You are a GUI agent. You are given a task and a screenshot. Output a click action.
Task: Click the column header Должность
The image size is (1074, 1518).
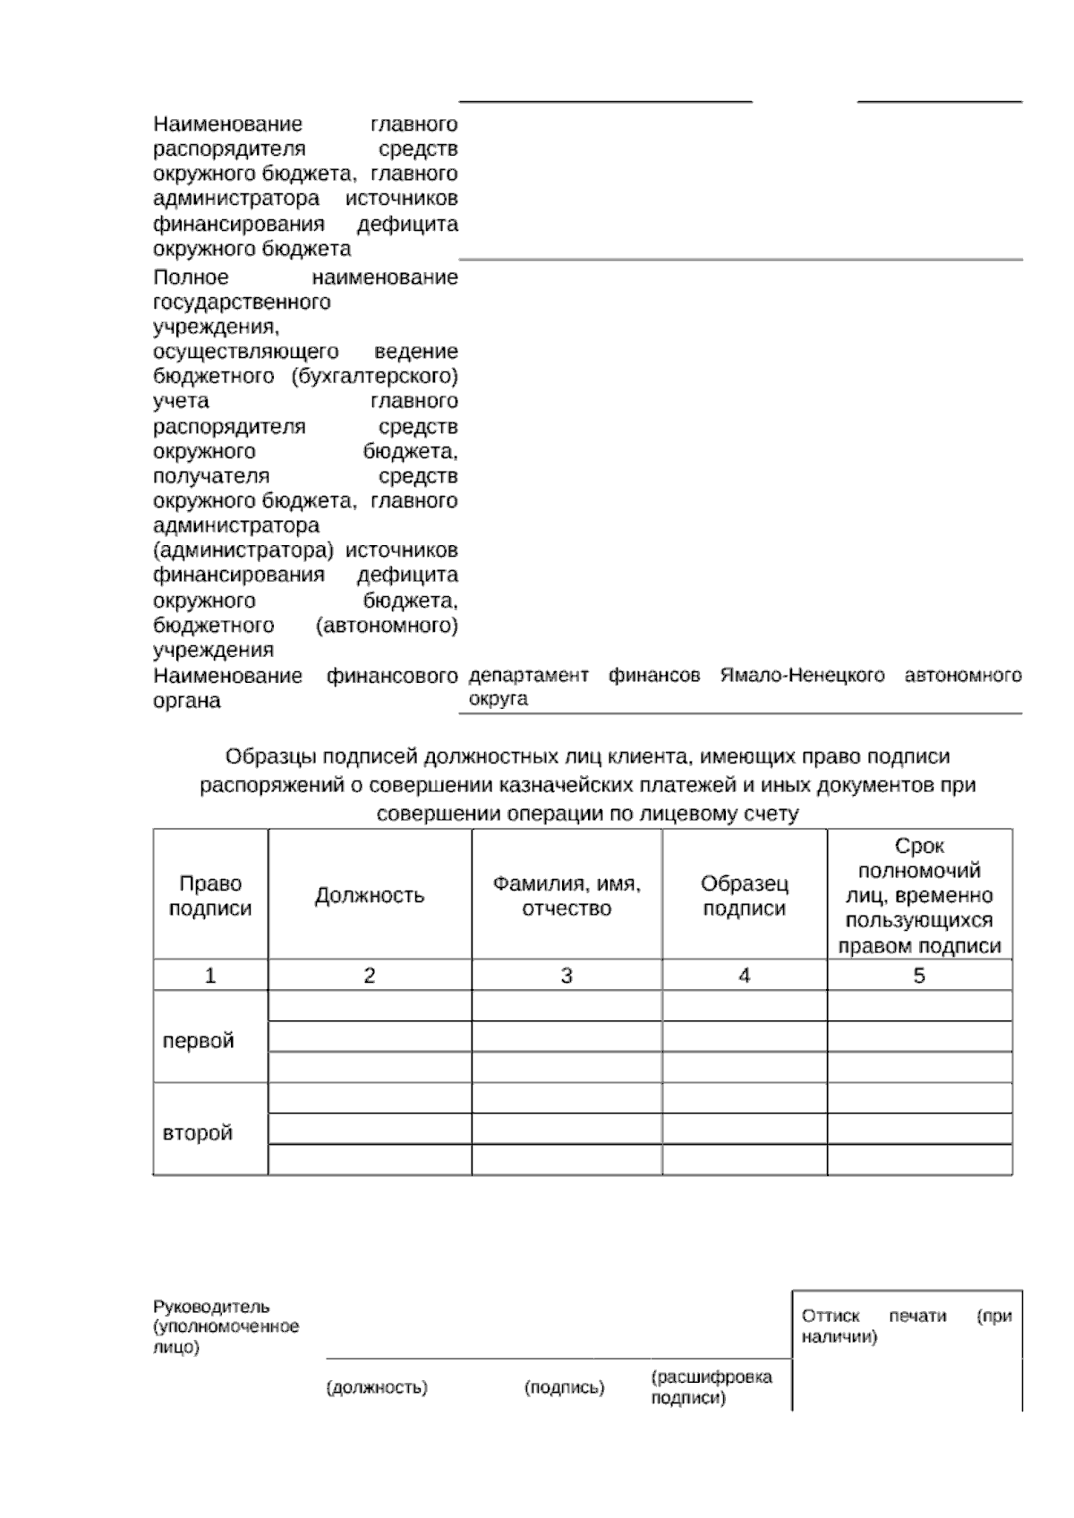point(369,896)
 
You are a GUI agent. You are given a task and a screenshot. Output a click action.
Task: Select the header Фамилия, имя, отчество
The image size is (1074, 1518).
point(567,896)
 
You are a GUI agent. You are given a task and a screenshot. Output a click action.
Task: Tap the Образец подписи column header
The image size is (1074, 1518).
point(745,896)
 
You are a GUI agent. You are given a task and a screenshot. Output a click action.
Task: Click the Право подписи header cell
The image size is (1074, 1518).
point(210,896)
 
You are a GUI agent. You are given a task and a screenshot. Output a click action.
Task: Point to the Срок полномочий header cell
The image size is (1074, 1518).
point(919,896)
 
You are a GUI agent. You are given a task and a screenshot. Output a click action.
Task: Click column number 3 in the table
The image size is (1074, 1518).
point(567,976)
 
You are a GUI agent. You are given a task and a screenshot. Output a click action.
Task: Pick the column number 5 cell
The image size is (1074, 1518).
point(919,976)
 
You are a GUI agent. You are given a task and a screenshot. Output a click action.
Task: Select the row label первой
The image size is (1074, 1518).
point(198,1041)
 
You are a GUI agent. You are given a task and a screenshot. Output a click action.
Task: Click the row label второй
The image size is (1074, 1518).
point(198,1133)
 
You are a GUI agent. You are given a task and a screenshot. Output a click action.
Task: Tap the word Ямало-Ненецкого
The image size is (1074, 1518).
point(802,676)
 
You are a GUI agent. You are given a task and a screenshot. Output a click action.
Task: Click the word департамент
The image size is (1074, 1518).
point(528,676)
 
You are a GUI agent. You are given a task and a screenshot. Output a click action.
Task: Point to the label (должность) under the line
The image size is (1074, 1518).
point(377,1388)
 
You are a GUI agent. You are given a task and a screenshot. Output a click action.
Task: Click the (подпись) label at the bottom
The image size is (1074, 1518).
point(564,1388)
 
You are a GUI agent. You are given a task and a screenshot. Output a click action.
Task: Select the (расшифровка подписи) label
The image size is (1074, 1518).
point(711,1387)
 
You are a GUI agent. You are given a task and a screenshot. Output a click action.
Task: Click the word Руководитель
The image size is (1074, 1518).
point(211,1307)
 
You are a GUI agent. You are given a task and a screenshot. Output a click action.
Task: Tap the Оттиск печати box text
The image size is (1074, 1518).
point(906,1326)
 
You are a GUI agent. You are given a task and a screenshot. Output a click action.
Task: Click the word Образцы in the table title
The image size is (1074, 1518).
point(265,757)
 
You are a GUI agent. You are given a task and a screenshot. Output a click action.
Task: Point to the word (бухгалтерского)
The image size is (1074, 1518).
point(375,376)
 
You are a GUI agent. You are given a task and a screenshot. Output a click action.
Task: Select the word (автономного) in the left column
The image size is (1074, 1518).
point(387,626)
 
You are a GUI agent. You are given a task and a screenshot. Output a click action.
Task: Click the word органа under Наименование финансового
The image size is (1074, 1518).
point(186,701)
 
